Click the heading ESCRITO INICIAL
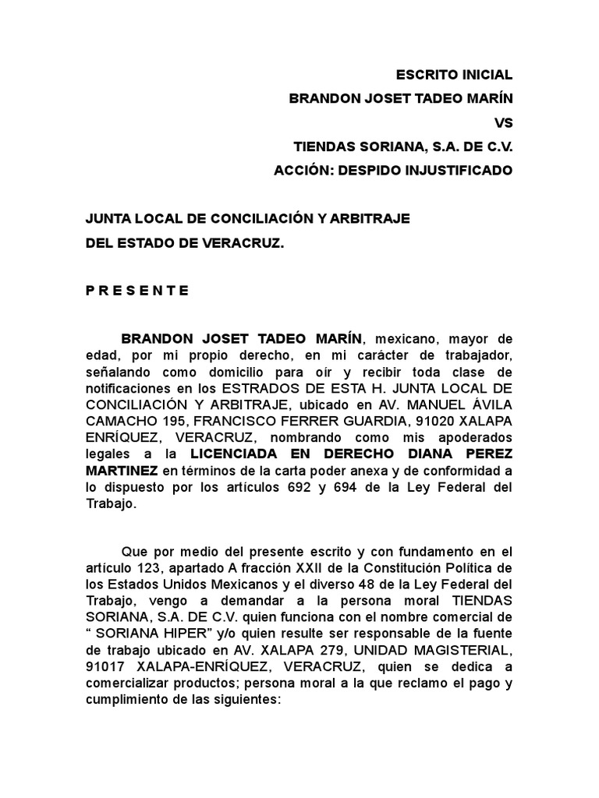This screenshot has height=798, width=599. coord(455,76)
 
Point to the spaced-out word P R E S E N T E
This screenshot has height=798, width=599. coord(137,291)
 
